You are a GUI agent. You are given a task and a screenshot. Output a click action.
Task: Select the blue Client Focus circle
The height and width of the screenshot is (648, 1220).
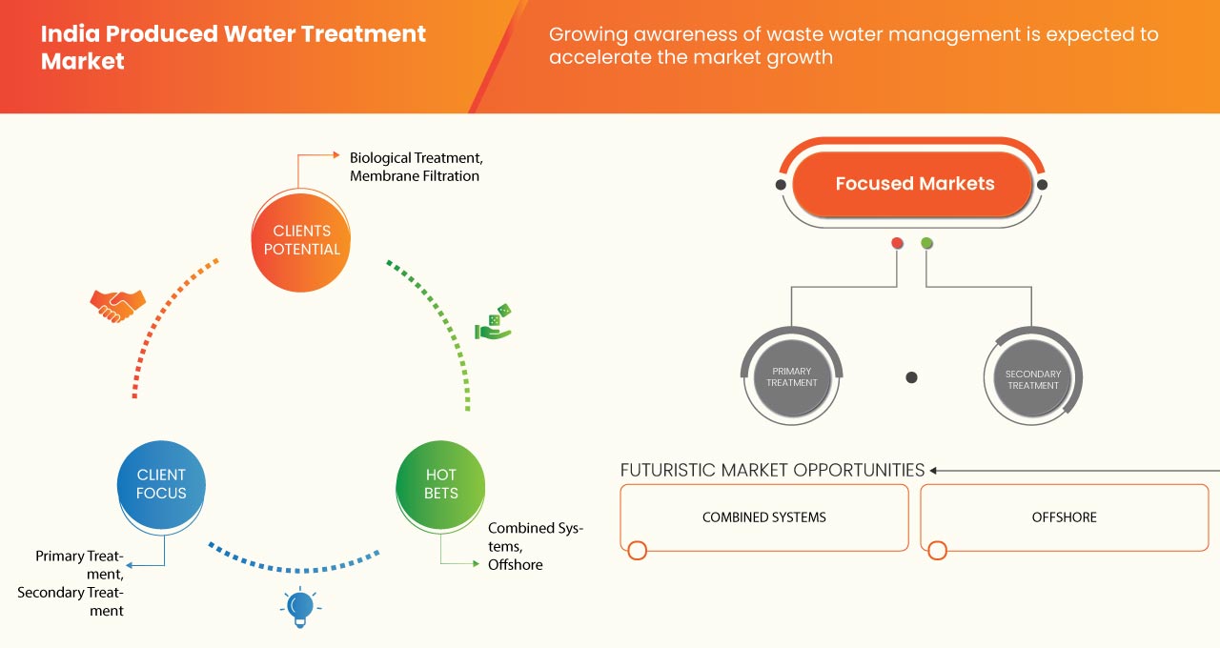(x=161, y=484)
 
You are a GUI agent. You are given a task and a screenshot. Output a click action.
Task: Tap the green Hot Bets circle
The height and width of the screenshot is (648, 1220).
(x=440, y=484)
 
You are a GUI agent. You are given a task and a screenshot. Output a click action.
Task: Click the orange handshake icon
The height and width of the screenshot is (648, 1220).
(x=117, y=305)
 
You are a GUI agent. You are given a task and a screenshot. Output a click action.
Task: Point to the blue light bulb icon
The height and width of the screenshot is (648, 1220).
(x=300, y=607)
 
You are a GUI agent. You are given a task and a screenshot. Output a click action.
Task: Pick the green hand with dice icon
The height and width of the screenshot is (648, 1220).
(x=494, y=323)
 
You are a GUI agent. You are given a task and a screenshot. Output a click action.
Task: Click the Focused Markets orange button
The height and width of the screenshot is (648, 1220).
(x=913, y=184)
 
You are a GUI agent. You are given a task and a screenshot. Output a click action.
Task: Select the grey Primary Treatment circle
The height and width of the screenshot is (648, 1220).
(x=792, y=377)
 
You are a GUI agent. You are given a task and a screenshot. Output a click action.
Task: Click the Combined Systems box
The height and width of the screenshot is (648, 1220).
(x=763, y=517)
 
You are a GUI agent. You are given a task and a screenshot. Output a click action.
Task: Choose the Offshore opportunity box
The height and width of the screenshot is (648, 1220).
(x=1064, y=517)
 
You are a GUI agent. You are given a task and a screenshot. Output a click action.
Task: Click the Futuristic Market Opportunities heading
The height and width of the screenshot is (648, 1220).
(x=772, y=470)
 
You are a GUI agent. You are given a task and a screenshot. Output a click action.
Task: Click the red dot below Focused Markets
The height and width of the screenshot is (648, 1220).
(x=897, y=243)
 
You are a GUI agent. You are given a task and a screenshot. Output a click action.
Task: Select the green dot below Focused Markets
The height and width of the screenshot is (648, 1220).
(x=926, y=243)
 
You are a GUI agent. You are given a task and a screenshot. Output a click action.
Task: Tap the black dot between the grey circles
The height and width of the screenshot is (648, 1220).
(x=911, y=377)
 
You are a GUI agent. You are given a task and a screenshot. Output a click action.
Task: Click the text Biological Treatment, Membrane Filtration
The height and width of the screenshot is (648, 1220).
(x=416, y=167)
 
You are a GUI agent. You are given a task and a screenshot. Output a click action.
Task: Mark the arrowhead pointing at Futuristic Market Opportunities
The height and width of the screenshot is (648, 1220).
(x=934, y=470)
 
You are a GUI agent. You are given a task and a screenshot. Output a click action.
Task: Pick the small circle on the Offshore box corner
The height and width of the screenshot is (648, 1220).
(x=937, y=551)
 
